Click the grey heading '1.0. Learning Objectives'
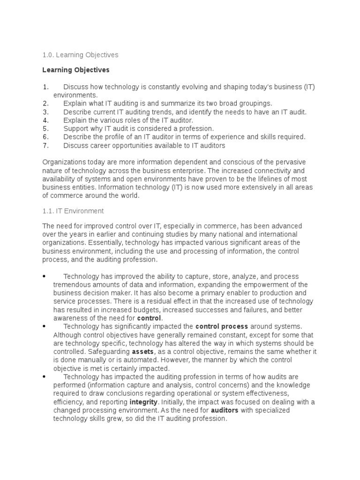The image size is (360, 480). coord(80,55)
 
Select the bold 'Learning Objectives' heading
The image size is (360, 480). coord(75,70)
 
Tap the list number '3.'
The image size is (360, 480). coord(45,112)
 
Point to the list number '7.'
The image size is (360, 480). coord(45,145)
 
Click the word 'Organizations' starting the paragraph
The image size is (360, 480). coord(63,162)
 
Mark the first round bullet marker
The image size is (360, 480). coord(44,277)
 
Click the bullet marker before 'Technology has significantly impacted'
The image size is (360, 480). coord(44,326)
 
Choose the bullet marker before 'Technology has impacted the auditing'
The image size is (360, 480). coord(44,376)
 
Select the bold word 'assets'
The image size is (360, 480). coord(142,352)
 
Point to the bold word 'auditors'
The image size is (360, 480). coord(225,411)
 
